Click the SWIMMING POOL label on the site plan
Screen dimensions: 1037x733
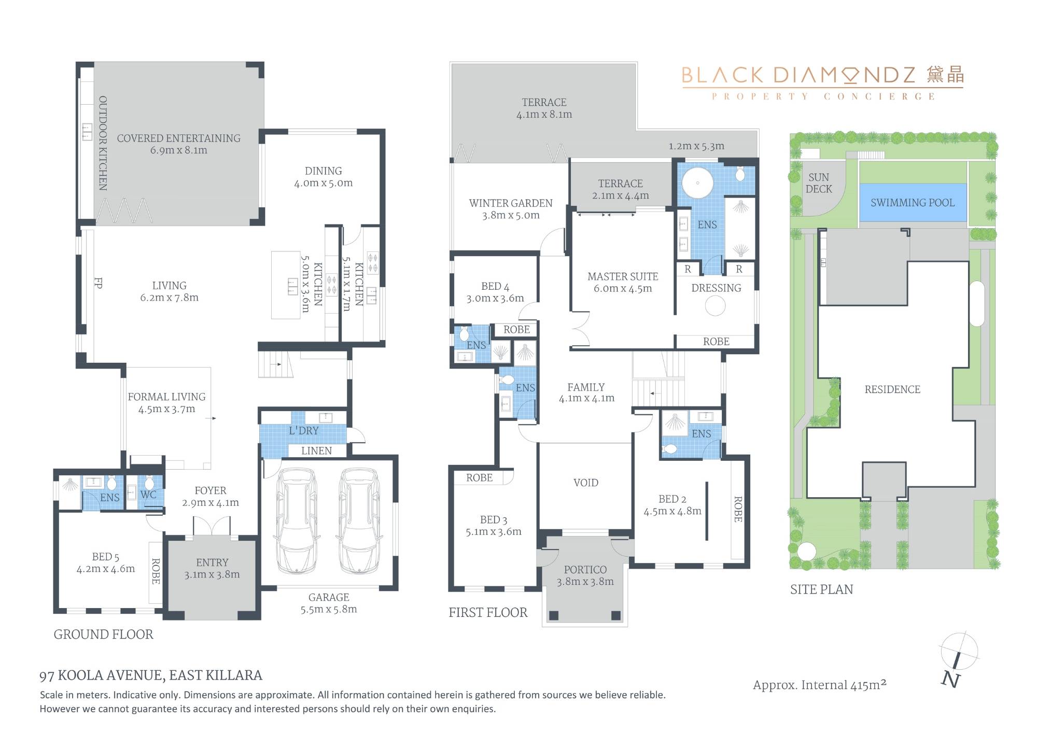912,203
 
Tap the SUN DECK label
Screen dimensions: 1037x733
819,184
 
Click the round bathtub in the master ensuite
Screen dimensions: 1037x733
697,182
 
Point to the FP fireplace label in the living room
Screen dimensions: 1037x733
98,283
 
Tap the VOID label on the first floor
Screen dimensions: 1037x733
586,483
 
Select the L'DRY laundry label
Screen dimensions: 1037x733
304,430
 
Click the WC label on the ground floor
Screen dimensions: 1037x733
148,495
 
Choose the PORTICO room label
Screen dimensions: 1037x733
585,570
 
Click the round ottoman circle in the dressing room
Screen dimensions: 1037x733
715,306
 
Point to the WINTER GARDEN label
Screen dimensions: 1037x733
511,203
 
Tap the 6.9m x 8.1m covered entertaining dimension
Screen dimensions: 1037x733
179,150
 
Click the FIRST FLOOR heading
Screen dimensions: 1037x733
488,613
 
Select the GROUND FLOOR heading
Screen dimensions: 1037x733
104,635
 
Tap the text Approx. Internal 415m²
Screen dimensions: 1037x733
820,685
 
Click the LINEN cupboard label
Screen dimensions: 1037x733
316,451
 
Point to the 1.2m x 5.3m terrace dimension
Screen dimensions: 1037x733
696,146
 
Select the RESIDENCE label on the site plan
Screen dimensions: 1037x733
892,389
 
